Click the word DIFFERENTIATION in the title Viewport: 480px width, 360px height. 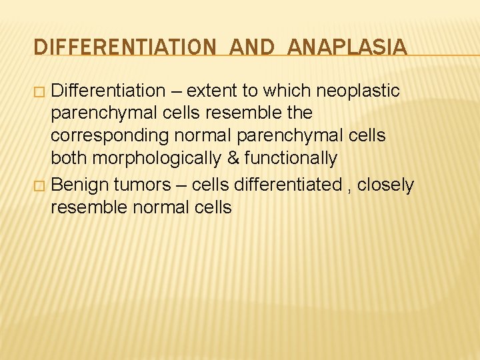click(124, 47)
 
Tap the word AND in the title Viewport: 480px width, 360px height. click(251, 47)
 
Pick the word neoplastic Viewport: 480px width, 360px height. click(358, 91)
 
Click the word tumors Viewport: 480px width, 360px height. click(143, 185)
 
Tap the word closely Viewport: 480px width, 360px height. click(385, 185)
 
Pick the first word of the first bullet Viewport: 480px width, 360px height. click(108, 91)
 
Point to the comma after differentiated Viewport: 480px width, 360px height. click(349, 188)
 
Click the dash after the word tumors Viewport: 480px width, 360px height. click(181, 185)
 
